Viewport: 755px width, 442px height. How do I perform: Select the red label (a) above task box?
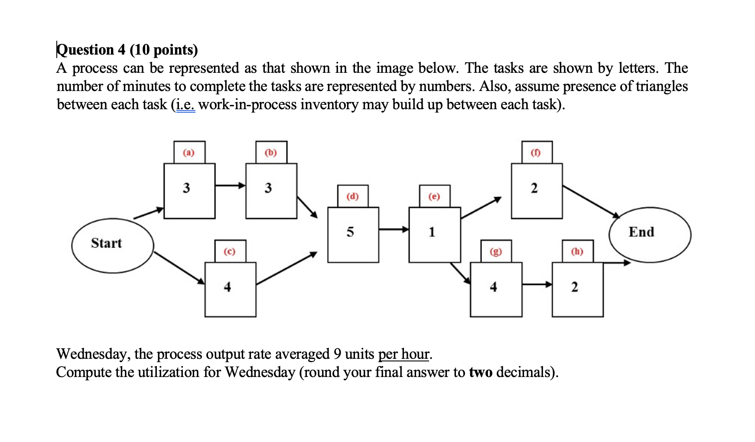189,153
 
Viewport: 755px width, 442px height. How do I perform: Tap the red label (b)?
270,153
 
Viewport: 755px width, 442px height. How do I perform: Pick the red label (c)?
229,251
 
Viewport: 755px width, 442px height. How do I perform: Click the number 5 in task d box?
350,232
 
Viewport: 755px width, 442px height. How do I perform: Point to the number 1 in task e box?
432,232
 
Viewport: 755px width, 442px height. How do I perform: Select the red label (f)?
536,153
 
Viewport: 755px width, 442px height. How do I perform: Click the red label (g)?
495,251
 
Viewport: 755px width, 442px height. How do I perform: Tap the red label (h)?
577,251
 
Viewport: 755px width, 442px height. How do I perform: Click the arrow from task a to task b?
230,185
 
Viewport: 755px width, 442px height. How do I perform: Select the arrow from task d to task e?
394,229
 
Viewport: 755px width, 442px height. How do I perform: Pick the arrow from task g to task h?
537,284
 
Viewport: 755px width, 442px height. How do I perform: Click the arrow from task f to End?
591,201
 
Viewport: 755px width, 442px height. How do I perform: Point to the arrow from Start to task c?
179,267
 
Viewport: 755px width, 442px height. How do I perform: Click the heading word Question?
85,50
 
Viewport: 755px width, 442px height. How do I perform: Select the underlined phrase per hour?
404,354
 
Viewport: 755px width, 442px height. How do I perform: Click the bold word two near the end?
481,372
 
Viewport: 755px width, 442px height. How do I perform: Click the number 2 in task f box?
534,188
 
